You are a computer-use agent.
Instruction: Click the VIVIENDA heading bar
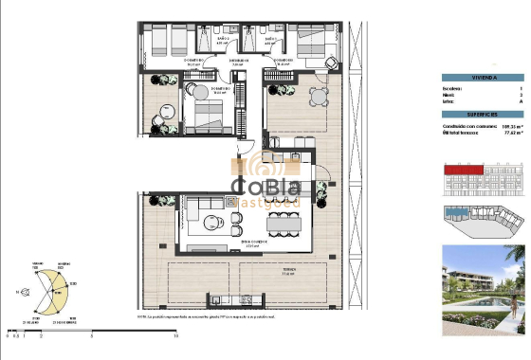pyautogui.click(x=484, y=79)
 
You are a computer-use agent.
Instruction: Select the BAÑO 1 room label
pyautogui.click(x=268, y=41)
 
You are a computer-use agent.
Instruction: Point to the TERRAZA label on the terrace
pyautogui.click(x=285, y=273)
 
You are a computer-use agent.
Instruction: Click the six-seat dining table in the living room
pyautogui.click(x=285, y=225)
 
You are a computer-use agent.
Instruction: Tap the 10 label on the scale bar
pyautogui.click(x=177, y=335)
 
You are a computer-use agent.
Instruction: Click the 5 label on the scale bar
pyautogui.click(x=93, y=335)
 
